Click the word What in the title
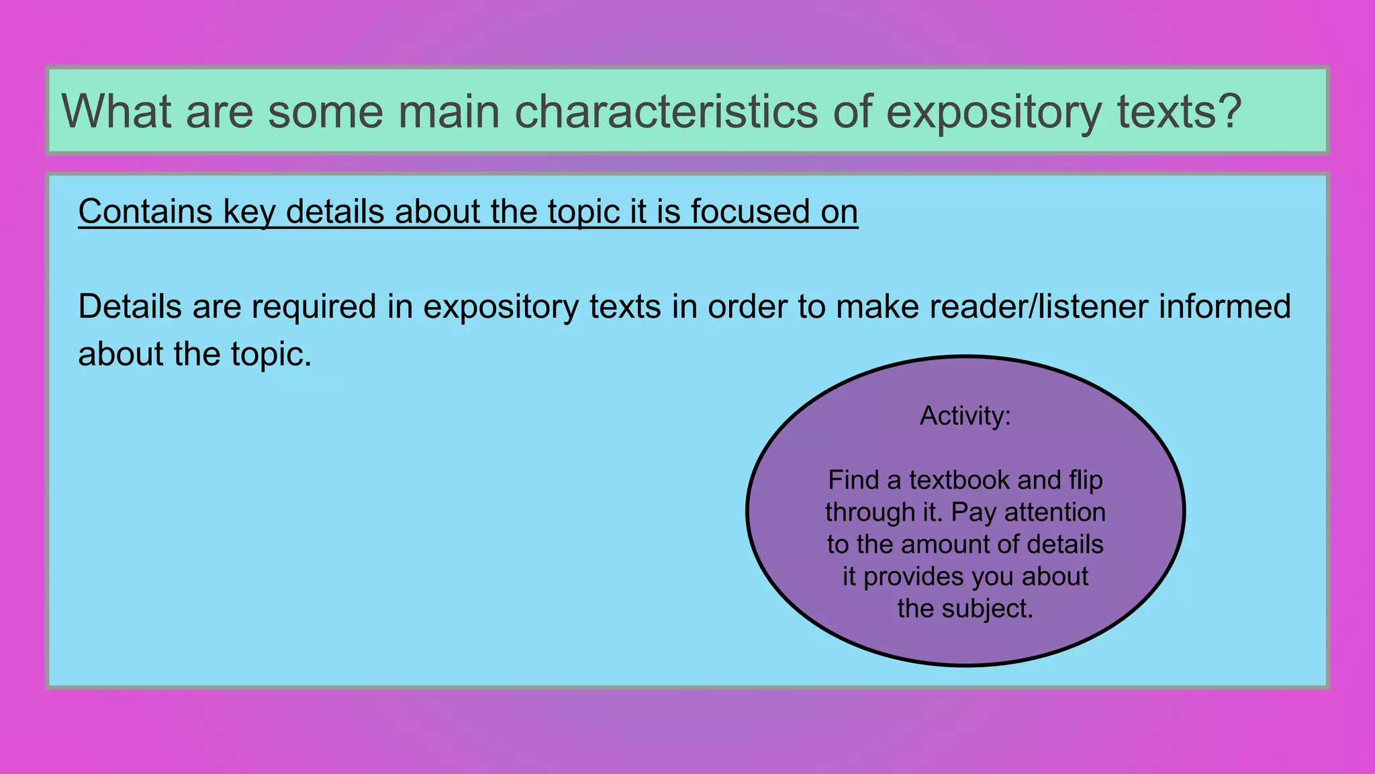[116, 111]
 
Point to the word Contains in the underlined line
[145, 212]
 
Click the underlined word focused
[750, 212]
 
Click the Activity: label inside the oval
[965, 416]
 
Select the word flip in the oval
[1086, 480]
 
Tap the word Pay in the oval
[974, 513]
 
